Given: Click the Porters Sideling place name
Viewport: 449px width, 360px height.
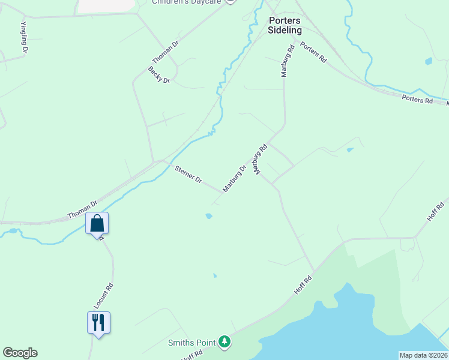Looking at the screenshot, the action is [x=285, y=25].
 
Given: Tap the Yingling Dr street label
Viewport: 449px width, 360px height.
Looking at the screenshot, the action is [x=24, y=38].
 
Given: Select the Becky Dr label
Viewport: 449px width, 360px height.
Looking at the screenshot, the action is [x=159, y=75].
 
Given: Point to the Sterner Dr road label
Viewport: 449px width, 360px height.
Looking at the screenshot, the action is [x=188, y=175].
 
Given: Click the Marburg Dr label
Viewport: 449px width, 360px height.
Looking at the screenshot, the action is [x=235, y=179].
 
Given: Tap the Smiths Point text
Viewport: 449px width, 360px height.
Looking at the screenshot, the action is [x=191, y=343].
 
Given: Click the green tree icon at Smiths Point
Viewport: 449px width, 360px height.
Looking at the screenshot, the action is [x=224, y=342].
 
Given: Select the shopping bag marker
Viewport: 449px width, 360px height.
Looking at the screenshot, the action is [x=97, y=224].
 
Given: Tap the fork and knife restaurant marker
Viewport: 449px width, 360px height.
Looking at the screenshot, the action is [x=98, y=322].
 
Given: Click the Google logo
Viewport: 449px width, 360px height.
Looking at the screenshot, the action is [x=20, y=353].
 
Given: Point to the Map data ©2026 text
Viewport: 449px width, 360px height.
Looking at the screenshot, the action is [x=423, y=355].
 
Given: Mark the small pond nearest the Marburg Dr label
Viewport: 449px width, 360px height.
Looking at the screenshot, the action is [x=208, y=215].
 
